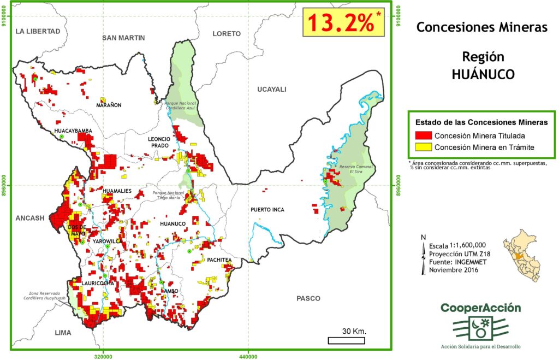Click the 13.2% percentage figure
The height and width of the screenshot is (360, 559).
pos(342,23)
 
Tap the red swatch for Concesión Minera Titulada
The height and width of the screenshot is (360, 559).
pos(424,135)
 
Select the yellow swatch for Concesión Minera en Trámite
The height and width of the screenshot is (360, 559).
pos(424,147)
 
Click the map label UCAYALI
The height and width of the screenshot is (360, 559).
pos(271,90)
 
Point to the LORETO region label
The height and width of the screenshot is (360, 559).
pos(227,34)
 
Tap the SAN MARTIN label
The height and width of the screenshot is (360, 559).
pos(123,38)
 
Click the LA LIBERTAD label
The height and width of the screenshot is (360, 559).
pos(38,31)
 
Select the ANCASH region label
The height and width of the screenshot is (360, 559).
pos(30,218)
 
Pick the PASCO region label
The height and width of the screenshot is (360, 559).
pos(308,298)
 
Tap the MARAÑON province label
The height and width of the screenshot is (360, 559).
pos(109,105)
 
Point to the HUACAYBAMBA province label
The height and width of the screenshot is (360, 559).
pos(73,131)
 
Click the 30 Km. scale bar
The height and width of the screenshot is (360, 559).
pos(346,340)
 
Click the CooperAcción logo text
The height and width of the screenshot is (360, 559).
pos(480,308)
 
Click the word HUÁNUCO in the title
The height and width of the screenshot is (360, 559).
pos(483,75)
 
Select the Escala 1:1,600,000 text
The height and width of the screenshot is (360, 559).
pos(458,245)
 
